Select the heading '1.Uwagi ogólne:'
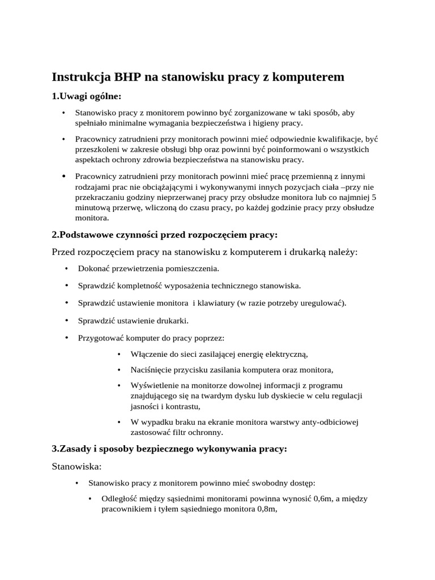pos(87,96)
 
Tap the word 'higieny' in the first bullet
pos(266,122)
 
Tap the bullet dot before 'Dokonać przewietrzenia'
pos(66,268)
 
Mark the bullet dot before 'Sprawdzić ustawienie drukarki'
pos(66,321)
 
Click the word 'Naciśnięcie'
pos(151,370)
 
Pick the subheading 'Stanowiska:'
pos(76,467)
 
